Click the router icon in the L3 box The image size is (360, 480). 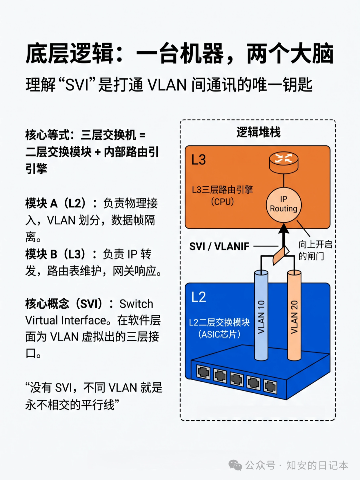point(284,162)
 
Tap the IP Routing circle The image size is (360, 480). point(284,204)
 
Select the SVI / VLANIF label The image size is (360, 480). point(219,246)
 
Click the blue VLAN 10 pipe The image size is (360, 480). point(261,317)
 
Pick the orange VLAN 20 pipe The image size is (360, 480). point(294,317)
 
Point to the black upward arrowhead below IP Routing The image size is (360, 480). point(284,229)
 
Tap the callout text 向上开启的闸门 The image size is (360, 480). point(315,250)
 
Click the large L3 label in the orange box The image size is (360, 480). point(199,160)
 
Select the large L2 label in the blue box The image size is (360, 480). point(199,297)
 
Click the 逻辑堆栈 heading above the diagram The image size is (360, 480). point(258,132)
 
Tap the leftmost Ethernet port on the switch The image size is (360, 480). point(203,372)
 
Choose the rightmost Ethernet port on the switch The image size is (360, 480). point(270,386)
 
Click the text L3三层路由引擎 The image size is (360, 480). point(222,190)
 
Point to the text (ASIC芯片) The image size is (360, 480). point(219,334)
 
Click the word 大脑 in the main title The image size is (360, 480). point(312,54)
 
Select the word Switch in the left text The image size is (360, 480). point(136,304)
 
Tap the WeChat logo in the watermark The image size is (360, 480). point(235,465)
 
